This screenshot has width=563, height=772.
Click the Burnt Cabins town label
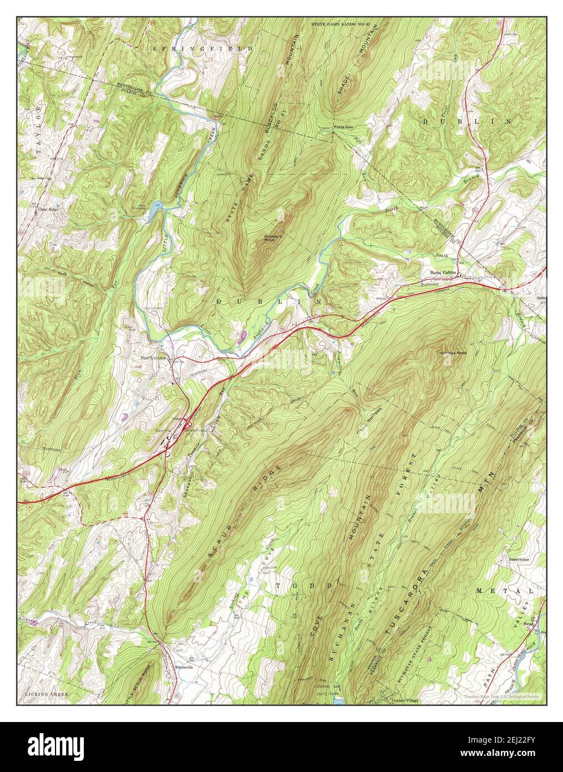(x=443, y=273)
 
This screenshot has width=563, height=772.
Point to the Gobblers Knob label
(x=272, y=239)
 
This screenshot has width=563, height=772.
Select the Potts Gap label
(x=343, y=127)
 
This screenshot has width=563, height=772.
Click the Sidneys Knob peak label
(x=453, y=353)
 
